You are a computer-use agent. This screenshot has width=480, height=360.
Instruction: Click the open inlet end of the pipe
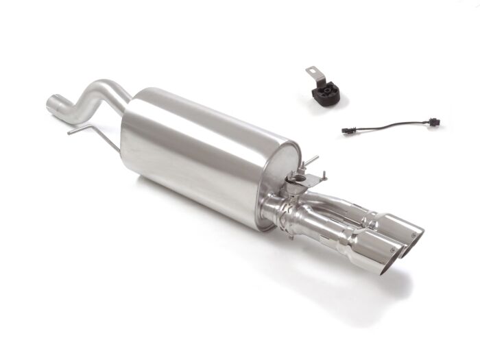point(52,105)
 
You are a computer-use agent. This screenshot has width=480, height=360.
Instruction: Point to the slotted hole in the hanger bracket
point(309,71)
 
